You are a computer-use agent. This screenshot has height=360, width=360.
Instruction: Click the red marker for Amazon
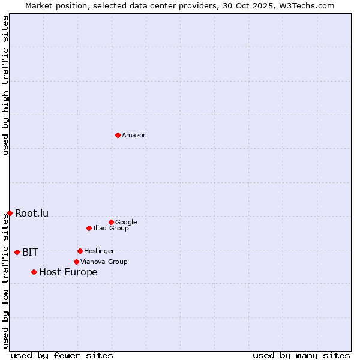click(x=118, y=135)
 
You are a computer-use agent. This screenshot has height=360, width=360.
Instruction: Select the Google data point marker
click(x=111, y=222)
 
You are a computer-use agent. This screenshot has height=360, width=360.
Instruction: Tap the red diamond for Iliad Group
click(x=89, y=228)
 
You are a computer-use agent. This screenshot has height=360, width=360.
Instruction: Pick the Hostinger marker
click(x=80, y=251)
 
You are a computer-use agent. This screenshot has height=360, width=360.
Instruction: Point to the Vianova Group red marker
click(x=76, y=262)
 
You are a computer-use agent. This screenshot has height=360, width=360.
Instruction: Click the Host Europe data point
click(x=34, y=272)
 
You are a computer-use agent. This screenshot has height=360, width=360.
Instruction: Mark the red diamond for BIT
click(x=17, y=252)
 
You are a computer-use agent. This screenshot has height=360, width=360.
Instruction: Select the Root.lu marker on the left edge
click(x=10, y=213)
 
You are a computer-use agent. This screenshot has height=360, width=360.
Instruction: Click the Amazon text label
click(x=134, y=136)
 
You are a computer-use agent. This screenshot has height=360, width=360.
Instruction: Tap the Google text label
click(x=126, y=222)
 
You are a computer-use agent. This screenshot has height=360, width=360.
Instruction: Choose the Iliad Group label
click(x=111, y=228)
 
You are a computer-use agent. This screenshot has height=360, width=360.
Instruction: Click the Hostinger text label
click(x=99, y=251)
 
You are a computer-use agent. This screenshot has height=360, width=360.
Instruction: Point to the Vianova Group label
click(x=104, y=262)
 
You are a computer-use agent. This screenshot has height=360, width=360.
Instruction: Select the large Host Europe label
click(x=68, y=272)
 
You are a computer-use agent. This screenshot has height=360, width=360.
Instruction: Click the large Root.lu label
click(x=32, y=213)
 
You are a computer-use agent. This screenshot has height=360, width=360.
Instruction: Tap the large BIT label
click(x=30, y=252)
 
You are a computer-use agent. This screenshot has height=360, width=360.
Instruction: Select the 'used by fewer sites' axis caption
click(x=62, y=355)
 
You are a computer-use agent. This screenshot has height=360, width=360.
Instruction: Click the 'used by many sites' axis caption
click(x=301, y=355)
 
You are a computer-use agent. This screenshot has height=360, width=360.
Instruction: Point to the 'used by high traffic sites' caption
click(x=5, y=85)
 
